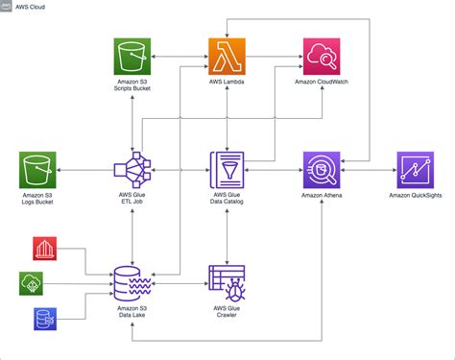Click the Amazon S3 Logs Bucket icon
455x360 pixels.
[36, 171]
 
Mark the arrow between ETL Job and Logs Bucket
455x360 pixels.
[83, 171]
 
